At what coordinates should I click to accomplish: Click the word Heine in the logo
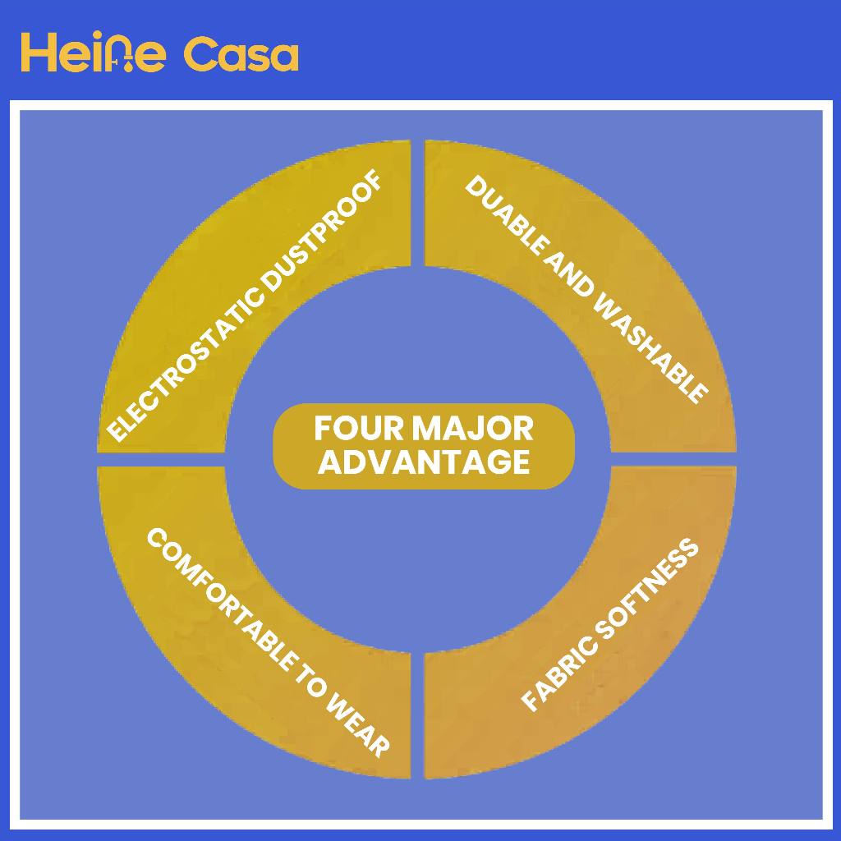[93, 53]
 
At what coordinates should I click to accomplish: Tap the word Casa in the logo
[240, 54]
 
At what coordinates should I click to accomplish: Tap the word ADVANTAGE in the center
[424, 462]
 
